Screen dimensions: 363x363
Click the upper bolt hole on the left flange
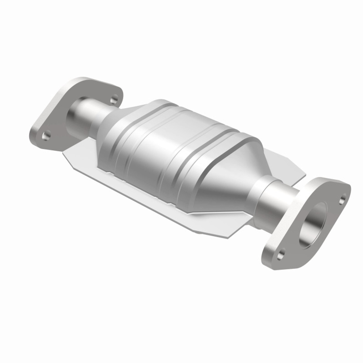114,99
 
